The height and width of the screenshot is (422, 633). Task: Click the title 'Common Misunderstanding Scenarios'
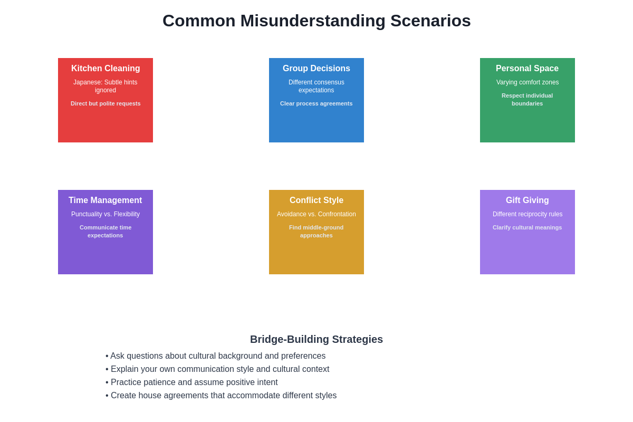tap(316, 21)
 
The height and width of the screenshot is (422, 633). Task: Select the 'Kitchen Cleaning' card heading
tap(105, 69)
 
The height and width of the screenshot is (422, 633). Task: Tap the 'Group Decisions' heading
tap(316, 69)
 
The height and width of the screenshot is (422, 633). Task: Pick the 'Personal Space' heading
tap(527, 69)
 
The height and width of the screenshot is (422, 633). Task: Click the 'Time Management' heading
tap(105, 200)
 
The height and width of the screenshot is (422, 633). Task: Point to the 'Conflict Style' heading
tap(316, 200)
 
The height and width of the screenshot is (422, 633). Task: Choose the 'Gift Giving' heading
tap(527, 200)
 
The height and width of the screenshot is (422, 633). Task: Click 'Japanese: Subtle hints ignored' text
tap(105, 87)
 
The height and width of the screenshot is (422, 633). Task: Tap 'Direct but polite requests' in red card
tap(105, 103)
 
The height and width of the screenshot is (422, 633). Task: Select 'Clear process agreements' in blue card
tap(316, 103)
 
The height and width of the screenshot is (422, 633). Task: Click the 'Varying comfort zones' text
tap(527, 82)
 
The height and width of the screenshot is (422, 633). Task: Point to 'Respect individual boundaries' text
tap(527, 100)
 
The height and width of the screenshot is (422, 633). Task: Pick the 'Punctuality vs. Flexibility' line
tap(105, 214)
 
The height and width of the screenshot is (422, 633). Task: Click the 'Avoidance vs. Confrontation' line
tap(316, 214)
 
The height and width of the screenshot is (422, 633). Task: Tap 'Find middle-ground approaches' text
tap(316, 232)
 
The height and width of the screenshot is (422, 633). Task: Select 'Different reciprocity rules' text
tap(527, 214)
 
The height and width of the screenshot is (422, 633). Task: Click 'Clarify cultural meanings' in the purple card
tap(527, 227)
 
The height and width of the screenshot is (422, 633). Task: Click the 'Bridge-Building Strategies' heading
tap(316, 339)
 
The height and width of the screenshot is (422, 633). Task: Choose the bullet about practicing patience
tap(194, 382)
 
